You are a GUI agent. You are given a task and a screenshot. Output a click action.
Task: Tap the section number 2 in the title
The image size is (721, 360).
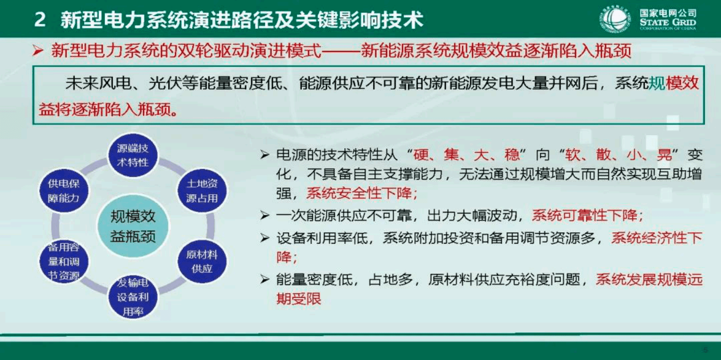coord(40,20)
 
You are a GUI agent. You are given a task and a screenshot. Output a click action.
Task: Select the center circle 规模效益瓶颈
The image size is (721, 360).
coord(133,226)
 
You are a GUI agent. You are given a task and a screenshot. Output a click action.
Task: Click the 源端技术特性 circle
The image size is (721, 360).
coord(133,155)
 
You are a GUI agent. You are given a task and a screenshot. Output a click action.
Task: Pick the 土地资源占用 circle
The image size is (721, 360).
coord(202,191)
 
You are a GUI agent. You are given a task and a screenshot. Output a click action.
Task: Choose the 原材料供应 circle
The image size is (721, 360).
coord(202,261)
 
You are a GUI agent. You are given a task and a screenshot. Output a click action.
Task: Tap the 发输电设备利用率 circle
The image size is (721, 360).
coord(133,296)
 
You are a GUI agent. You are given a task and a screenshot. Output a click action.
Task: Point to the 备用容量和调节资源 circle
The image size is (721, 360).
coord(64,261)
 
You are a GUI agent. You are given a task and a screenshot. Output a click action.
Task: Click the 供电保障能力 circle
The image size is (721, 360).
coord(64,191)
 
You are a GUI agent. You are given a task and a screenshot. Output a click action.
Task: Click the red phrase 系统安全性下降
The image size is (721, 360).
coord(361,193)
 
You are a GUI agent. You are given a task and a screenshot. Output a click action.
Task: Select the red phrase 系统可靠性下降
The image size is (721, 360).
coord(587,215)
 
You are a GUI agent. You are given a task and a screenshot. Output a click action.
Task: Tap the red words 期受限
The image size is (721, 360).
coord(298,299)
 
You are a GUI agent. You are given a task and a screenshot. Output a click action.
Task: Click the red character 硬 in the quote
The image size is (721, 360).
coord(421,155)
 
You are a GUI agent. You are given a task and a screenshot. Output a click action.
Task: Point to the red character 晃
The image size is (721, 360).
coord(664,155)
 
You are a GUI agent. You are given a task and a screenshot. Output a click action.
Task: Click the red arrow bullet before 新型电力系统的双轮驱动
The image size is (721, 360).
coord(38,51)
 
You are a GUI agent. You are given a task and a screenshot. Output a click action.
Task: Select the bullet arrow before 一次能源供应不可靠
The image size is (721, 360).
coord(265,215)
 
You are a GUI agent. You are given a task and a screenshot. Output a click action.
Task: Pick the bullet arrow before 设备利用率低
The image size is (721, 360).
coord(265,238)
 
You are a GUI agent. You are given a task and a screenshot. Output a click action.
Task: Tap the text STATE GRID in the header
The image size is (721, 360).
coord(667,22)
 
